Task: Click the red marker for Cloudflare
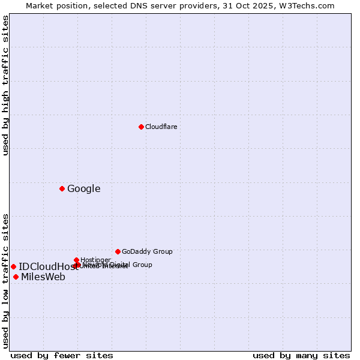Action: click(x=141, y=127)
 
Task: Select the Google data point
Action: click(x=62, y=188)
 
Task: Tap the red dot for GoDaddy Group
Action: click(x=118, y=251)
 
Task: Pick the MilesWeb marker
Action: click(x=16, y=277)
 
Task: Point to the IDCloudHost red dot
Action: click(x=13, y=266)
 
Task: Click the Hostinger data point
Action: click(x=76, y=260)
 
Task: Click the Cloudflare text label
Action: click(x=161, y=127)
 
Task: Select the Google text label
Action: click(x=83, y=188)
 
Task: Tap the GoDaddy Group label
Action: click(x=147, y=251)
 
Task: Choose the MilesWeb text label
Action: click(x=43, y=277)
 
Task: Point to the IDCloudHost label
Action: click(x=48, y=266)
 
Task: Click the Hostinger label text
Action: click(x=95, y=260)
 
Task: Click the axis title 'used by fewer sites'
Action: click(x=62, y=355)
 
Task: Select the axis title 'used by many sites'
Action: click(x=301, y=355)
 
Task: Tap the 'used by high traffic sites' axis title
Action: click(x=5, y=86)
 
